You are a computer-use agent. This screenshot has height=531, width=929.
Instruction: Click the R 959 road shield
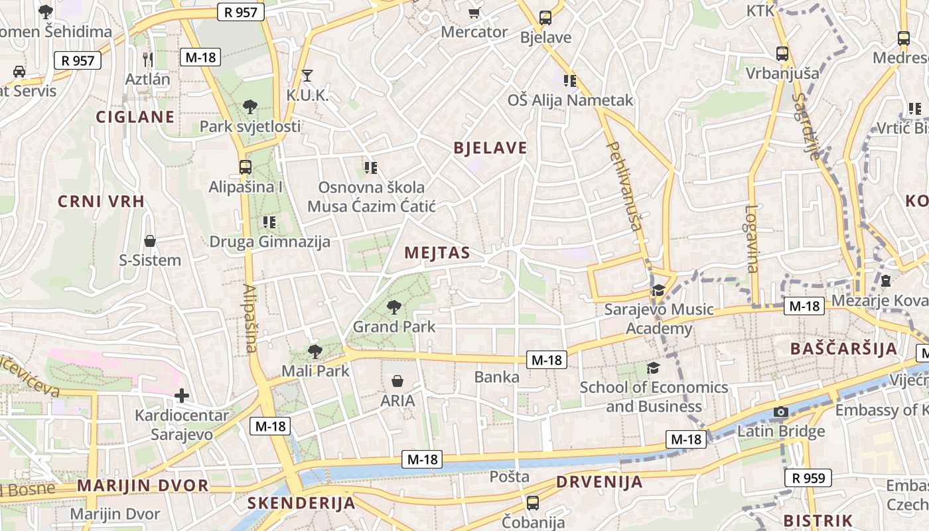coord(808,477)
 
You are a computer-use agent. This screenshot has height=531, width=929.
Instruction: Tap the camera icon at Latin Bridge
coord(781,412)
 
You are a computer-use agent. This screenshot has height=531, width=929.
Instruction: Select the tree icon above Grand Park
coord(394,307)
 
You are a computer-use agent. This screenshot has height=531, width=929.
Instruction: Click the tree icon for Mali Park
coord(315,352)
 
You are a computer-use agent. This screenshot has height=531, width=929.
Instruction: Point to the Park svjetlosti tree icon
coord(250,106)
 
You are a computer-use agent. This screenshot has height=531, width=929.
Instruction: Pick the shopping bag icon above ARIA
coord(397,381)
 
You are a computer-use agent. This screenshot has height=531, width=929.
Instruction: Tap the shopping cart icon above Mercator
coord(474,13)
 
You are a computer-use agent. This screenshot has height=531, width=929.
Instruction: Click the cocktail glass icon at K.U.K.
coord(307,75)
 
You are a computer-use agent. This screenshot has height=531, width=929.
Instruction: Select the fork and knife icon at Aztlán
coord(148,60)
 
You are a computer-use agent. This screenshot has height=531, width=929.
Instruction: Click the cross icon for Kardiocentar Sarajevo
coord(182,396)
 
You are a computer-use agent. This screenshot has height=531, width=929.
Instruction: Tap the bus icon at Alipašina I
coord(246,167)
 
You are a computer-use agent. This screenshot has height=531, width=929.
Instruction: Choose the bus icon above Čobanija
coord(533,502)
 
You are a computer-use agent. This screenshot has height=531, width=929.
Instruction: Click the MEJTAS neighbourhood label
coord(437,253)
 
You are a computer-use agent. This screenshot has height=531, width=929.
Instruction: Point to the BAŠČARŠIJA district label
coord(843,349)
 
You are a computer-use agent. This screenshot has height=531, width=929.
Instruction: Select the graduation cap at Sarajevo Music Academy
coord(658,291)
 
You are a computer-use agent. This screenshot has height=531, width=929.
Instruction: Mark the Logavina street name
coord(751,238)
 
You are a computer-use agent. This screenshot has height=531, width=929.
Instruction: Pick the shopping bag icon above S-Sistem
coord(150,240)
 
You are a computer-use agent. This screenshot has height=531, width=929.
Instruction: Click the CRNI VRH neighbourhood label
coord(102,202)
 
